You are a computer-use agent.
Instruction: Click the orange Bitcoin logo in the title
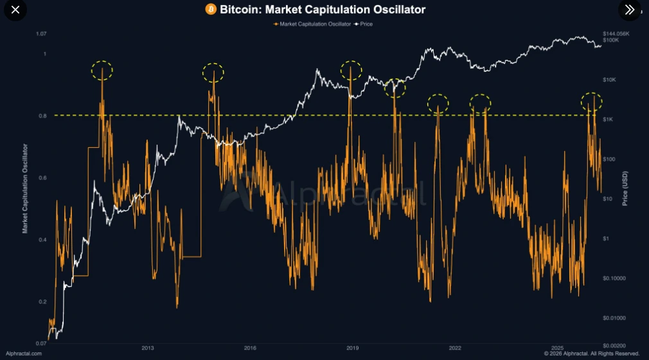pos(211,10)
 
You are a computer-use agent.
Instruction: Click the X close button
pos(15,10)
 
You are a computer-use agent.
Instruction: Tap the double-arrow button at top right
pos(629,10)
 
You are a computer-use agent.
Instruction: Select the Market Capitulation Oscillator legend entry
pos(312,24)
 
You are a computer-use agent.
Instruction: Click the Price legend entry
pos(364,24)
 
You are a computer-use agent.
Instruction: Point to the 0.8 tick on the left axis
pos(43,116)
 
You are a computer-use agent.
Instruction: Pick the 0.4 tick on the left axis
pos(43,240)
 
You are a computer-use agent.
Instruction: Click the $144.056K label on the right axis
pos(617,33)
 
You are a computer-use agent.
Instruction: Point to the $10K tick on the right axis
pos(611,80)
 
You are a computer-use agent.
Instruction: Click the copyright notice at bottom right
pos(592,354)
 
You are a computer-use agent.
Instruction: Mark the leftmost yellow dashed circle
pos(102,70)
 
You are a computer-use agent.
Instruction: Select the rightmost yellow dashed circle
pos(591,101)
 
